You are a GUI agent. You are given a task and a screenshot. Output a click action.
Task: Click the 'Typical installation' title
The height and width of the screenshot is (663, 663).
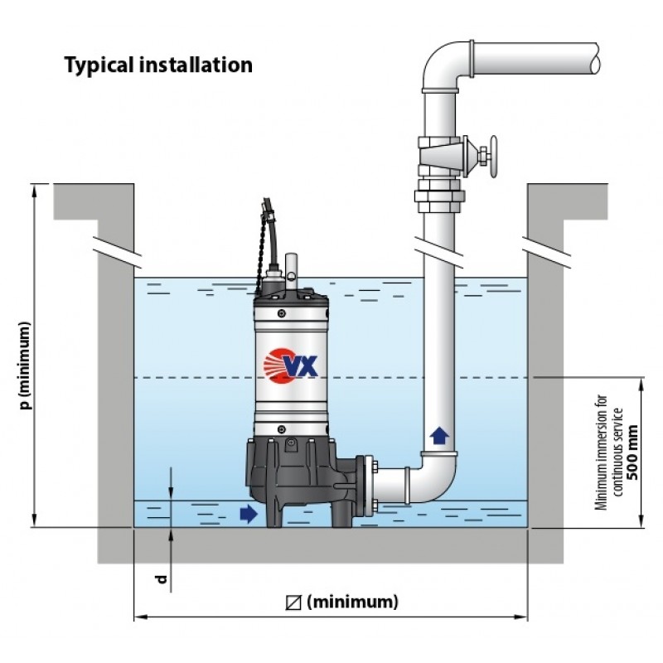158,65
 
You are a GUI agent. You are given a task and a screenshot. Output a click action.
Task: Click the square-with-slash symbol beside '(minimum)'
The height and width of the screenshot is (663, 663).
293,603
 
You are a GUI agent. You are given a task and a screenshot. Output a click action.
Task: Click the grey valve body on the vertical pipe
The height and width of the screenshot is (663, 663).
439,155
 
